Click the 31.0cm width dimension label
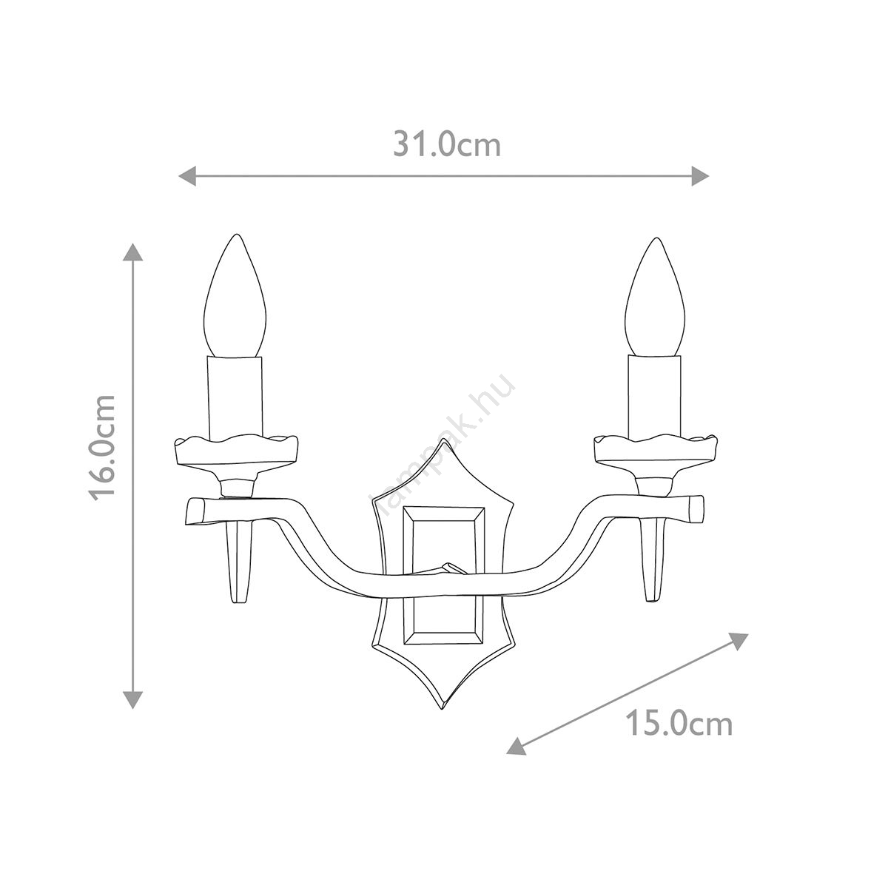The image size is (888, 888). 446,145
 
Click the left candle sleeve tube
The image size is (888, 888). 235,397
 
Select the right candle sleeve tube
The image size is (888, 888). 655,397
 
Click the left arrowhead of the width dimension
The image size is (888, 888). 187,176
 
